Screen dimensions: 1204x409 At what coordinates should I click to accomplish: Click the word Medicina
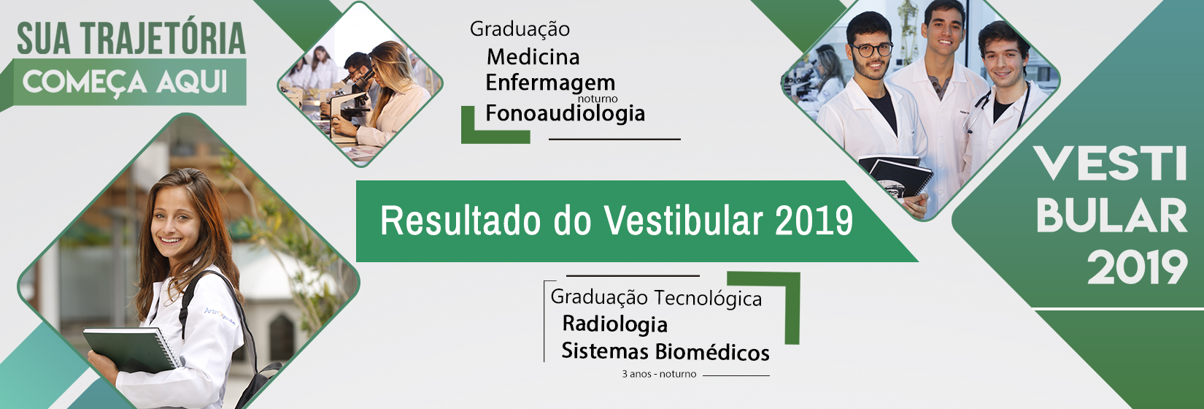[x=533, y=57]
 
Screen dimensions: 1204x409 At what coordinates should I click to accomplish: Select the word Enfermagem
[x=550, y=83]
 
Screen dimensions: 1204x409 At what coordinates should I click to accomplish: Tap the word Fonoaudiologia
[x=565, y=113]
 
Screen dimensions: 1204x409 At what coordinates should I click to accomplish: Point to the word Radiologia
[x=615, y=324]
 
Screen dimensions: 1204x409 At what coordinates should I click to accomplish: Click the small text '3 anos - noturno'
[x=659, y=374]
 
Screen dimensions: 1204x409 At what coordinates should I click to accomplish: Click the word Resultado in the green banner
[x=460, y=221]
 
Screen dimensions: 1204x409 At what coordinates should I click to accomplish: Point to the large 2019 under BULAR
[x=1137, y=267]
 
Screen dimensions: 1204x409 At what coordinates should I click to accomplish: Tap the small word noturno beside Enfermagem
[x=597, y=99]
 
